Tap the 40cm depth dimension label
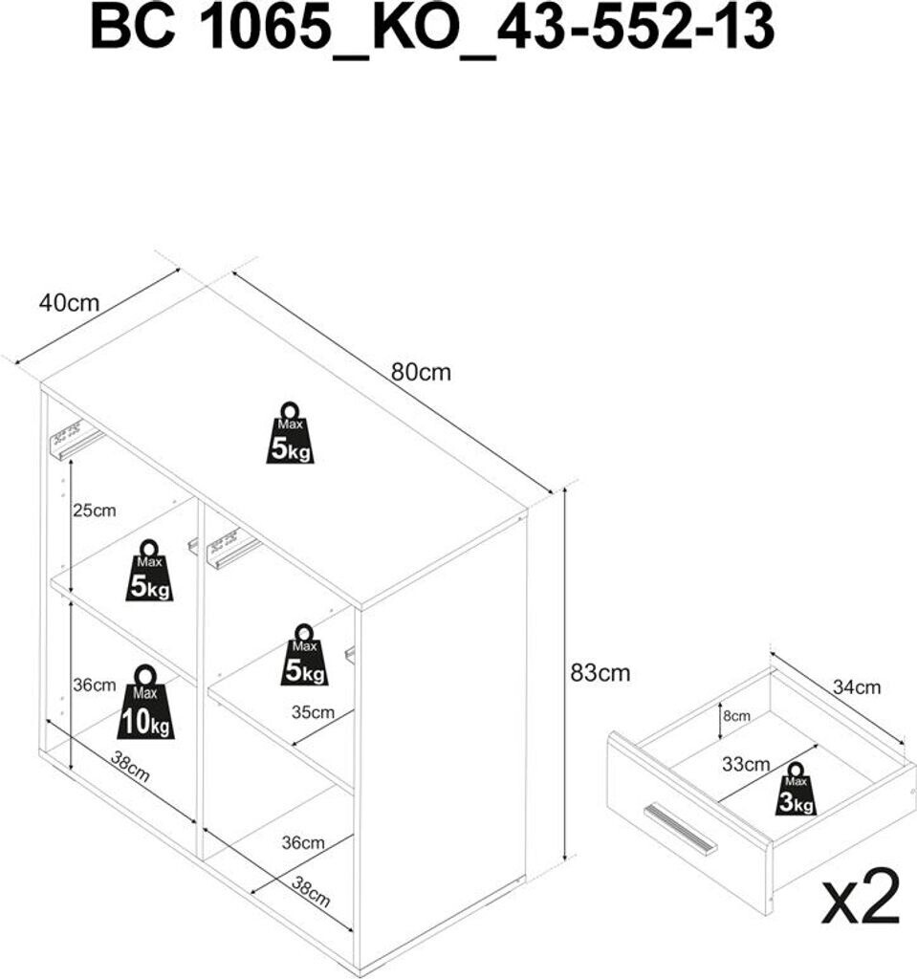point(69,303)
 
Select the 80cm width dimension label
point(420,372)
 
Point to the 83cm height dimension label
point(600,672)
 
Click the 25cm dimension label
point(94,511)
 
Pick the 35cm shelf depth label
point(314,712)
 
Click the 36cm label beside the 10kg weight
point(94,685)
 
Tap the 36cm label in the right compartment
point(303,842)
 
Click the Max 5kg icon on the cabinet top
point(290,434)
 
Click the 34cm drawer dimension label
point(857,686)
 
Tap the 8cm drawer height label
point(736,715)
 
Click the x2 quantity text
point(862,897)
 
